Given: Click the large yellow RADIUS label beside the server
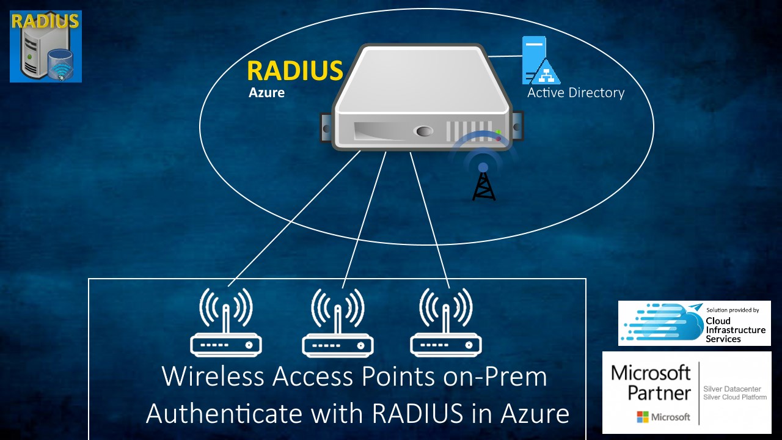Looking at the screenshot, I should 294,71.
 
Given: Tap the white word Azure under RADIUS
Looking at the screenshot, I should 266,94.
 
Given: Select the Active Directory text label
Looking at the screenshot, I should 576,93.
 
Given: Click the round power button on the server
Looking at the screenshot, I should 423,131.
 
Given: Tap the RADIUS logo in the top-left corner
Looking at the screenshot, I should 46,46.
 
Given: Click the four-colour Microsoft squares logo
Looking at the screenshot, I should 643,417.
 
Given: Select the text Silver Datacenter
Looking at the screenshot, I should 732,389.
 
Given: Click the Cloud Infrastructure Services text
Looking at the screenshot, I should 735,330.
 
